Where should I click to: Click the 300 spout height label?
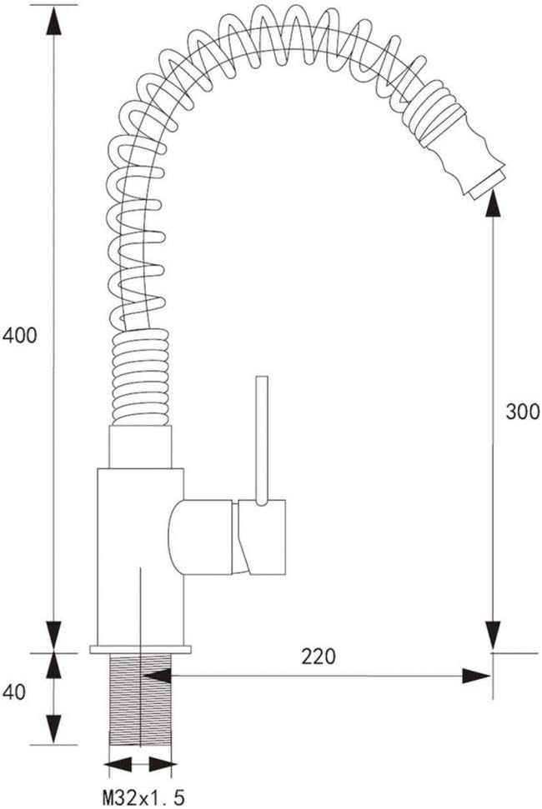pyautogui.click(x=522, y=410)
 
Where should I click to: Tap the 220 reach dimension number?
pyautogui.click(x=319, y=657)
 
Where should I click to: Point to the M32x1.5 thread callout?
pyautogui.click(x=143, y=797)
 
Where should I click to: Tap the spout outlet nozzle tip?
pyautogui.click(x=487, y=181)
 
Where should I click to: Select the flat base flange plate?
pyautogui.click(x=140, y=649)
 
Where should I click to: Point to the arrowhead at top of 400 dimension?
pyautogui.click(x=53, y=21)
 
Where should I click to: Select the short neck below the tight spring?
pyautogui.click(x=140, y=447)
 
